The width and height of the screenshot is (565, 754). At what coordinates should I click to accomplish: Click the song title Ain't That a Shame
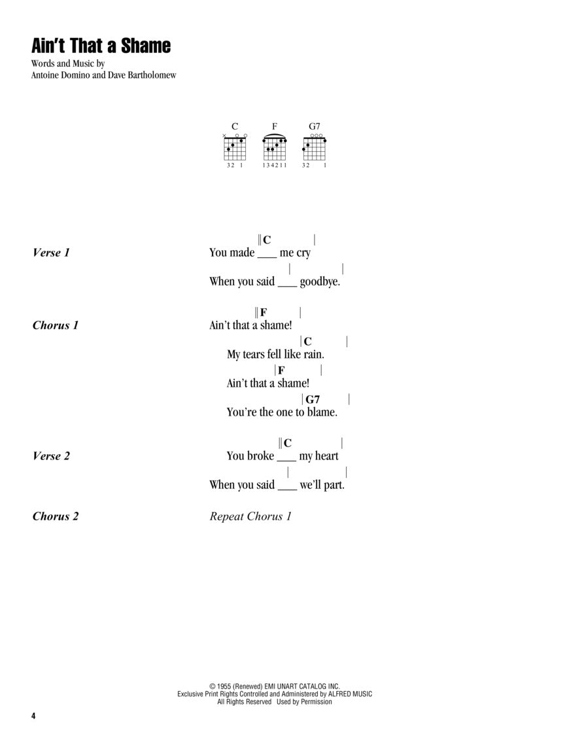click(101, 46)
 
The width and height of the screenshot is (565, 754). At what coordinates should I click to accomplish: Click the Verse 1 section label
click(50, 253)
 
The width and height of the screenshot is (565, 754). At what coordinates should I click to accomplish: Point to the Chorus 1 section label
click(56, 325)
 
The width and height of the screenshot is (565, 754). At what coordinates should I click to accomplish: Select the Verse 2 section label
click(50, 456)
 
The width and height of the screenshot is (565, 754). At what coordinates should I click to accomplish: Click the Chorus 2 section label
click(56, 516)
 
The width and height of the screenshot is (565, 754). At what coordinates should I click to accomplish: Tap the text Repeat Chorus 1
click(250, 516)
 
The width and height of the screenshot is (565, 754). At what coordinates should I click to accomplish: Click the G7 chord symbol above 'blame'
click(313, 399)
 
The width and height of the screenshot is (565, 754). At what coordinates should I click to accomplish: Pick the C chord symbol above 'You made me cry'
click(267, 240)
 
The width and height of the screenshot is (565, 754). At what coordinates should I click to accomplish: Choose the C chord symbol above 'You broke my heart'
click(288, 444)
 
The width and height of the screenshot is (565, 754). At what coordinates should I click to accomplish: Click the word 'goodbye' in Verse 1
click(320, 282)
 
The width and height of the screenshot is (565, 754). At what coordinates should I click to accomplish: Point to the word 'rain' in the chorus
click(313, 354)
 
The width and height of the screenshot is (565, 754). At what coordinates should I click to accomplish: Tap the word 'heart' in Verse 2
click(326, 456)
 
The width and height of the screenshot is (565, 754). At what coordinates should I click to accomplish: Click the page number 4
click(33, 715)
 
